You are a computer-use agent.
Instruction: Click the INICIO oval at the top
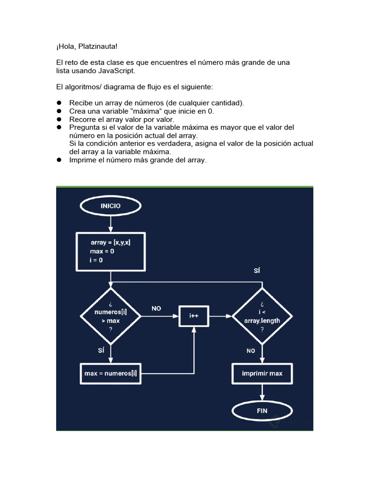click(110, 206)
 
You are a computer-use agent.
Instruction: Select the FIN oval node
click(262, 411)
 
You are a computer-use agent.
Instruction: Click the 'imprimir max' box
click(262, 373)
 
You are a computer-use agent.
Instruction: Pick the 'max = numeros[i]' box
click(110, 373)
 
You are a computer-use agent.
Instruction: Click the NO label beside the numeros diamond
click(156, 308)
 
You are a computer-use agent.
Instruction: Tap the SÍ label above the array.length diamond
click(257, 271)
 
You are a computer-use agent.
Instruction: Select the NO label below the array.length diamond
click(250, 351)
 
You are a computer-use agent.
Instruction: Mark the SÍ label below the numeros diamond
click(101, 350)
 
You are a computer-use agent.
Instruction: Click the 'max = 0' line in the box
click(102, 251)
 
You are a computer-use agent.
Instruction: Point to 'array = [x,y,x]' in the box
click(110, 243)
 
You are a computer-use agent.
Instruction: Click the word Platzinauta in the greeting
click(96, 46)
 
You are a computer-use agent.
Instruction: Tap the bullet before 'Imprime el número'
click(59, 160)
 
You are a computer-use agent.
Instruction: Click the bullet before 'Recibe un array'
click(59, 103)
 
